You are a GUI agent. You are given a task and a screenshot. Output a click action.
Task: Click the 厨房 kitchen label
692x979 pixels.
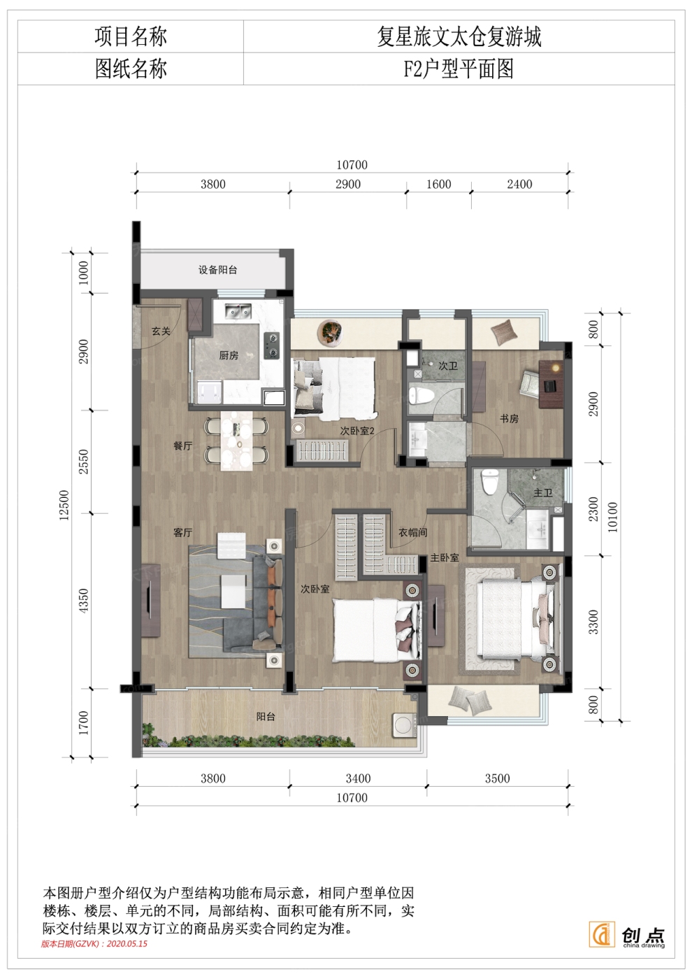coord(229,355)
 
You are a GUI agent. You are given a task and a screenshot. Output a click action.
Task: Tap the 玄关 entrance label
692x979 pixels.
coord(161,331)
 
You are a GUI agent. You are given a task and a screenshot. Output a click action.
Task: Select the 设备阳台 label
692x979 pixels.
coord(217,270)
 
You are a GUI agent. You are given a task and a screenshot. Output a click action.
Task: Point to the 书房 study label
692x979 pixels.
coord(509,419)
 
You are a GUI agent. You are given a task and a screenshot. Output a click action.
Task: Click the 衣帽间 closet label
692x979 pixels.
coord(412,532)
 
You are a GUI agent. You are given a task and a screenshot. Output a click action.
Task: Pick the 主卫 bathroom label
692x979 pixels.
coord(542,492)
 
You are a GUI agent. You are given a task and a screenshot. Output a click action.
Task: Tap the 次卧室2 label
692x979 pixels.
coord(357,431)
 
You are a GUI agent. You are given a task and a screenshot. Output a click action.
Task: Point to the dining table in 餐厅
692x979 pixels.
coord(236,440)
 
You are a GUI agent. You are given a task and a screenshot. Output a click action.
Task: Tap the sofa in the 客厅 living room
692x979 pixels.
coord(266,603)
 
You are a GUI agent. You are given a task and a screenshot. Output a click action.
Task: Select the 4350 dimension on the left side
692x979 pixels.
coord(83,601)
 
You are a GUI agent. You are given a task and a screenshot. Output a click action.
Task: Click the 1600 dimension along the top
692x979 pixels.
coord(439,184)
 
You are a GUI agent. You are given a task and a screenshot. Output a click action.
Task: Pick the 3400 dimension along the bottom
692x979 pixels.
coord(358,778)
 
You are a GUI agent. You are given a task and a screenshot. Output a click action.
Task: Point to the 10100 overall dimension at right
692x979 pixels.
coord(612,517)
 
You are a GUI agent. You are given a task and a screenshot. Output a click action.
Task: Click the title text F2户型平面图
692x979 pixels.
coord(459,69)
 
